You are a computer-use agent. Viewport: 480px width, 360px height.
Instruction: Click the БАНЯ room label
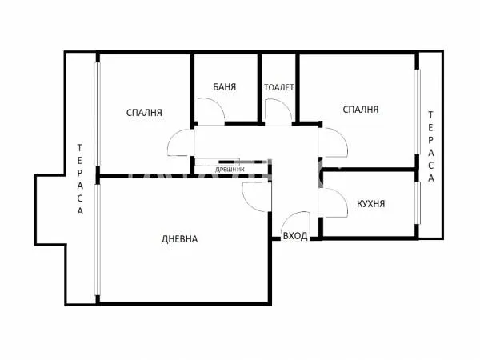(x=225, y=86)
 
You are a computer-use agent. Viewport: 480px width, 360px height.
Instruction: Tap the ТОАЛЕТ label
(x=279, y=86)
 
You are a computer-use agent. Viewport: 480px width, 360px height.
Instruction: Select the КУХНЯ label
(x=370, y=203)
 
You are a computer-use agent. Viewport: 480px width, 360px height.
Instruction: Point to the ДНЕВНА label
(x=179, y=238)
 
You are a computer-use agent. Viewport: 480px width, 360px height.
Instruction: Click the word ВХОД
(x=295, y=237)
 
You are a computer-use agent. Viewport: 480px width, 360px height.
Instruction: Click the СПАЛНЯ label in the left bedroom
(x=145, y=112)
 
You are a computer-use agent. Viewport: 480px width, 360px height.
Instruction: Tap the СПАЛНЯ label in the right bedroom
(x=360, y=109)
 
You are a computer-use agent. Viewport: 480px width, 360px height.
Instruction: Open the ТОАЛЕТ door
(x=276, y=112)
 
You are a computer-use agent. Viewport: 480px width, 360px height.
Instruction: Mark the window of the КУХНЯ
(x=417, y=205)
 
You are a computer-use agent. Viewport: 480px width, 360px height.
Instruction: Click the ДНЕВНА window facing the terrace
(x=96, y=240)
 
